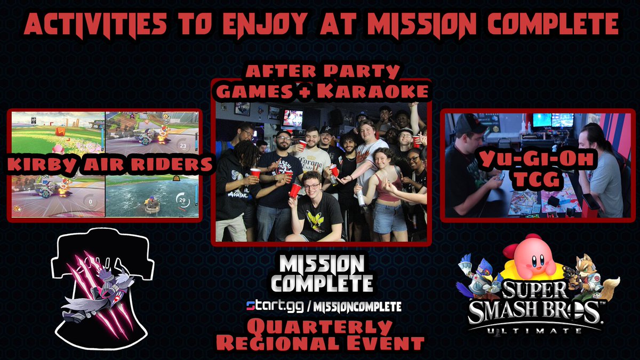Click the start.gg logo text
(272, 307)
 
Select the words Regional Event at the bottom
(320, 342)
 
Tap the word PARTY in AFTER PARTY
(370, 71)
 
